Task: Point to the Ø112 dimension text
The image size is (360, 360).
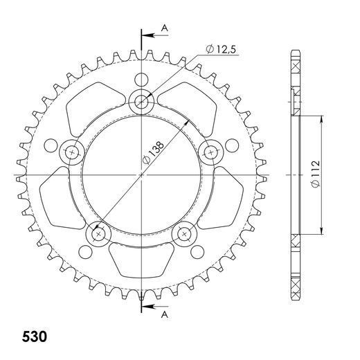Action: click(x=314, y=177)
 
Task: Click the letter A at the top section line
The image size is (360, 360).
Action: click(x=164, y=27)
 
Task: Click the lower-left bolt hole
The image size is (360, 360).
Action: click(x=97, y=234)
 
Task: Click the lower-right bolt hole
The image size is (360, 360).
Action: click(x=184, y=234)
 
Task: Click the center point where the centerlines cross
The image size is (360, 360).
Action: click(x=141, y=175)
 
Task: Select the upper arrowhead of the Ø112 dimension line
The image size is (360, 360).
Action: click(x=322, y=118)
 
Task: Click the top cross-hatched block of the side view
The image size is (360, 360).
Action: click(x=297, y=66)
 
